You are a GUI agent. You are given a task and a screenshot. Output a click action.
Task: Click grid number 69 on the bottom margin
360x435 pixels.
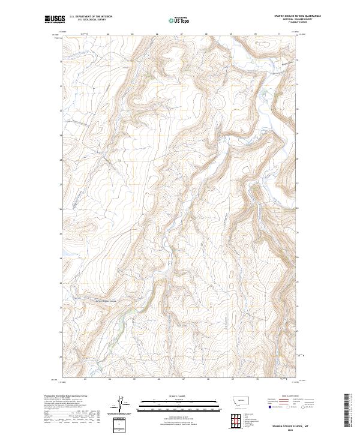click(231, 379)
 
